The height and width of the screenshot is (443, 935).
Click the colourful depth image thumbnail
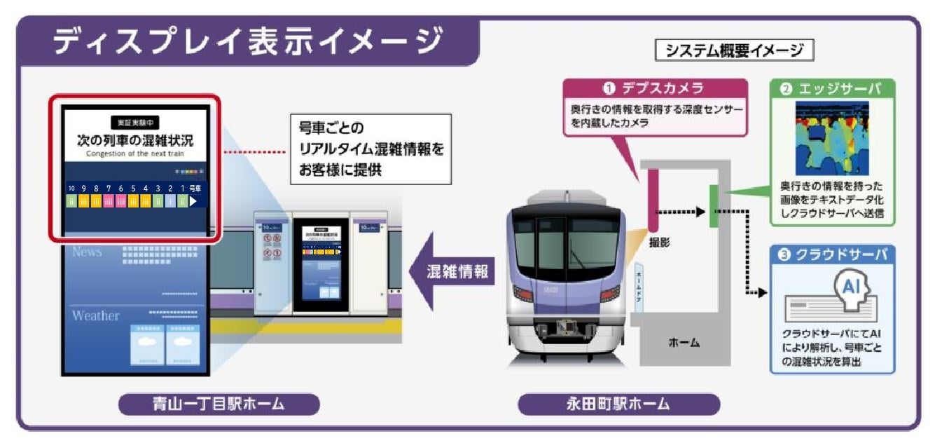(831, 139)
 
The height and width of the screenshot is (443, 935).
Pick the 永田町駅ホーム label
(618, 404)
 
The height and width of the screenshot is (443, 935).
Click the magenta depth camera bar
(651, 200)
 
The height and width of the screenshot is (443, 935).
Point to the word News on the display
(87, 252)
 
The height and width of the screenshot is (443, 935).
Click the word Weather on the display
(95, 315)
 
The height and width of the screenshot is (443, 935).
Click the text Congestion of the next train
(134, 153)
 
